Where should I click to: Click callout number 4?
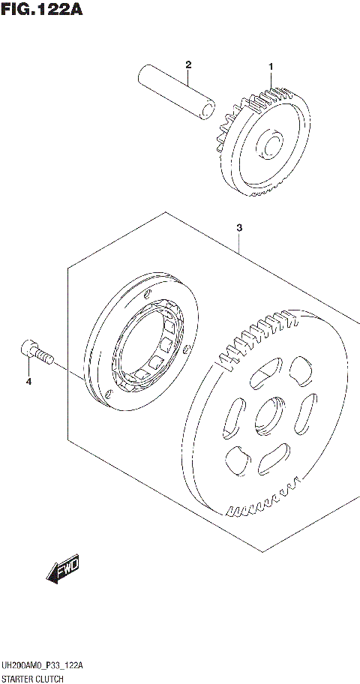pos(28,382)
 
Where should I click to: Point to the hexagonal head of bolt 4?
pos(27,348)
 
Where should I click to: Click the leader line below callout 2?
pos(189,76)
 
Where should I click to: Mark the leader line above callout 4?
pos(28,367)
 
